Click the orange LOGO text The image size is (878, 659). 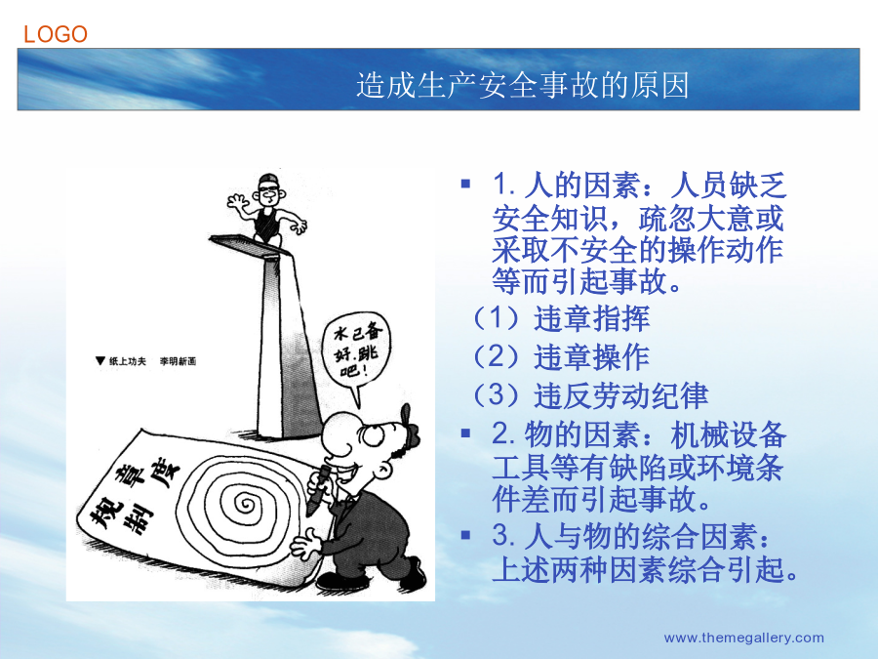(x=56, y=34)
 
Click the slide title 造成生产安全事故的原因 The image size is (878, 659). (x=523, y=85)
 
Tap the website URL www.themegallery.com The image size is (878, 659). (x=743, y=638)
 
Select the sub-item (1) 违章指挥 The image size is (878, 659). (x=561, y=318)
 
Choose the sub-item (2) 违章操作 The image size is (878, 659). (x=561, y=357)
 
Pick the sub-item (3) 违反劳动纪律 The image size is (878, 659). (x=590, y=395)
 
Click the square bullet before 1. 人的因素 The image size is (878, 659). (x=465, y=184)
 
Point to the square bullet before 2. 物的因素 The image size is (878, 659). (x=465, y=433)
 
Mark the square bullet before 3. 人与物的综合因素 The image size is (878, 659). (x=465, y=535)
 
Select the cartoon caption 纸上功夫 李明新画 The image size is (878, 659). (x=152, y=361)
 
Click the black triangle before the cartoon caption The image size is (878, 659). (x=100, y=360)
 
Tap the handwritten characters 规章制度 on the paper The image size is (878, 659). (x=135, y=494)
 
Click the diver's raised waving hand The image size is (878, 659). (x=237, y=202)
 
